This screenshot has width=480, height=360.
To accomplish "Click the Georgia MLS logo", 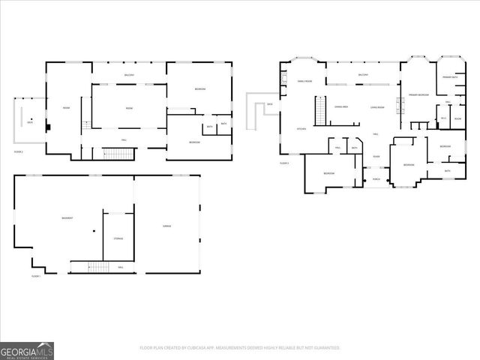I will [x=27, y=350].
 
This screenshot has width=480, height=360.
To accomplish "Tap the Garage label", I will [x=167, y=226].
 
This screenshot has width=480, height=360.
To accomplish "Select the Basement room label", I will [x=67, y=218].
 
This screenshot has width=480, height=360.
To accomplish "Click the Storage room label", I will [x=118, y=238].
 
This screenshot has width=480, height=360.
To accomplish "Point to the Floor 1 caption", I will [x=35, y=276].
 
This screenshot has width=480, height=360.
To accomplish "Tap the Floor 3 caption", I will [x=284, y=163].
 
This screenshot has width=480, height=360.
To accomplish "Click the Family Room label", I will [x=304, y=81].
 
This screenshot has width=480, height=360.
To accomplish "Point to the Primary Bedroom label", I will [x=418, y=95].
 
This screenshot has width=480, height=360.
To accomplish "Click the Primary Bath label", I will [x=450, y=77].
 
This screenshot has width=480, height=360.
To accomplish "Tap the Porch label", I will [x=376, y=180].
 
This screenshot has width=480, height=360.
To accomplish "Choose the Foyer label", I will [x=376, y=157].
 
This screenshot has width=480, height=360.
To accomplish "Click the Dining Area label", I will [x=342, y=107].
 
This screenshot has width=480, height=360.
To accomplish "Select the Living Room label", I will [x=377, y=107].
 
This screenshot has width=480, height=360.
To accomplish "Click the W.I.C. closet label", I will [x=443, y=118].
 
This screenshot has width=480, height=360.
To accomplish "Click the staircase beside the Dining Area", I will [x=321, y=112].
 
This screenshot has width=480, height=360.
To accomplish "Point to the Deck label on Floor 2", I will [x=30, y=121].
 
